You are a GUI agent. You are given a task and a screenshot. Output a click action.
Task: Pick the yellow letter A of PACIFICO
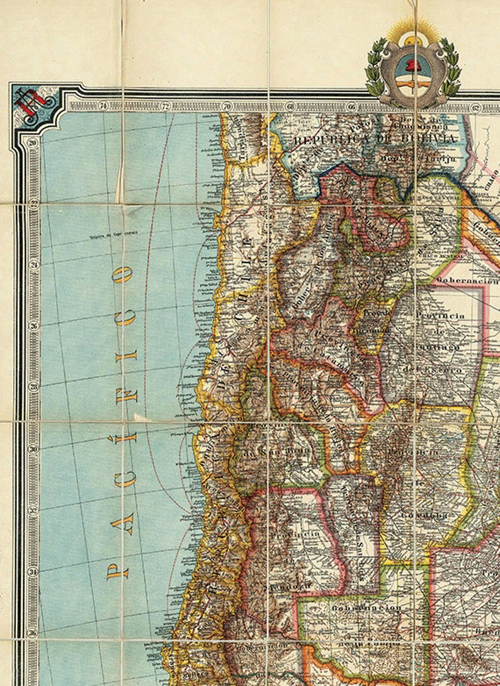(x=119, y=525)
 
